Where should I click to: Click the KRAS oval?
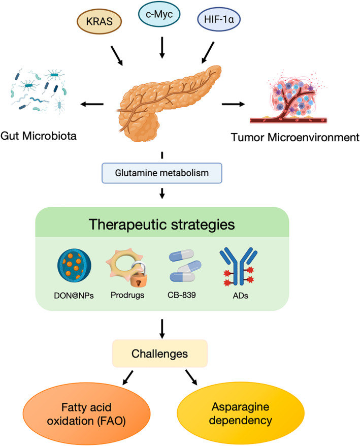coord(99,21)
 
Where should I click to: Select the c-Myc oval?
coord(159,14)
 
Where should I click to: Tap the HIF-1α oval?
coord(219,19)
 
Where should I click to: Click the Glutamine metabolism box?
coord(162,173)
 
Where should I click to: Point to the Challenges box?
coord(160,354)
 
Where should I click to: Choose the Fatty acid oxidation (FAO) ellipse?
coord(86,413)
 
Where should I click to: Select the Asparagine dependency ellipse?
coord(241,413)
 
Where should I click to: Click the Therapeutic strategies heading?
coord(162,224)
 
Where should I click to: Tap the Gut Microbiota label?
coord(39,136)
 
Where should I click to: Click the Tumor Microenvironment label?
coord(295,137)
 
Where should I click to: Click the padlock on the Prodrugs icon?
coord(139,276)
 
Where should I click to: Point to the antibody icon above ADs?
coord(239,266)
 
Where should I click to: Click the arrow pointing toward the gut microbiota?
coord(92,104)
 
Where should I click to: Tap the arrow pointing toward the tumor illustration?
coord(233,104)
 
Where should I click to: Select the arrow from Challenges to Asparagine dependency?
coord(191,377)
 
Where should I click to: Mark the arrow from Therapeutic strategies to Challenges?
coord(162,329)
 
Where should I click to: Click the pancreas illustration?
coord(168,103)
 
